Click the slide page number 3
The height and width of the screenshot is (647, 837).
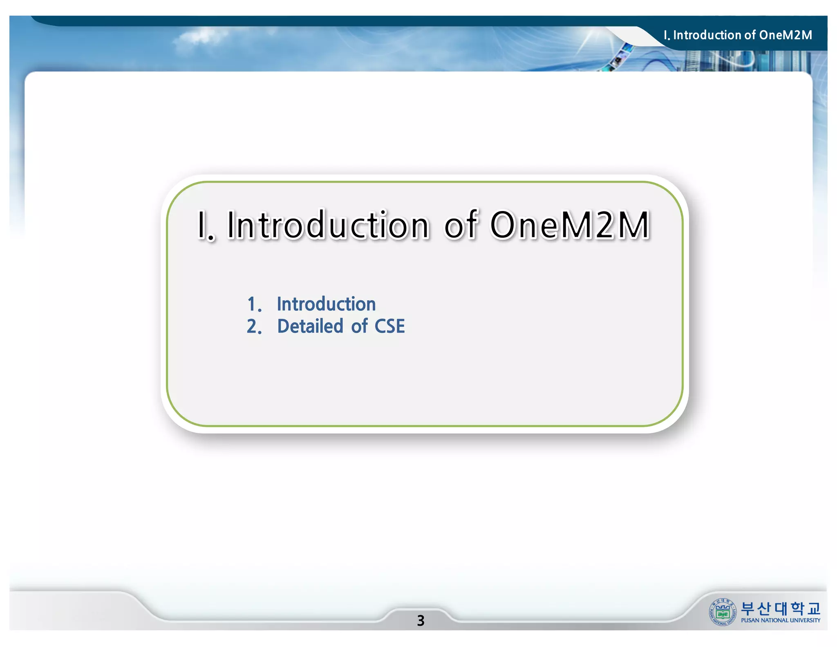coord(421,620)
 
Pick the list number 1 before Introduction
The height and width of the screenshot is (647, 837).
coord(253,304)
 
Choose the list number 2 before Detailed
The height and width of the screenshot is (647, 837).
coord(253,326)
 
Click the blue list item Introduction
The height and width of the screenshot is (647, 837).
coord(326,304)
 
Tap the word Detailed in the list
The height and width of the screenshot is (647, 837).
coord(310,326)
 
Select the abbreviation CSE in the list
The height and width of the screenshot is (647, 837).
coord(389,326)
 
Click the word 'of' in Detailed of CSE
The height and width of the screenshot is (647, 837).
coord(359,326)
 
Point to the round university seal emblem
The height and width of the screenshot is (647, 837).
coord(723,612)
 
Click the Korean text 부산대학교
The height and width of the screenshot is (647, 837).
coord(780,609)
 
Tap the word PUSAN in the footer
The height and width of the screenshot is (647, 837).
coord(750,620)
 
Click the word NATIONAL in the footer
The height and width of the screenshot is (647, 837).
coord(774,620)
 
